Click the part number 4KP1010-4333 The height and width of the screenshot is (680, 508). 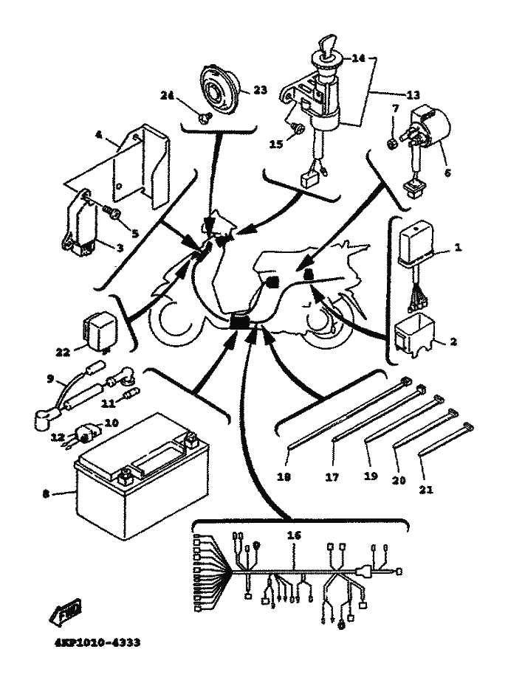click(98, 641)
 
